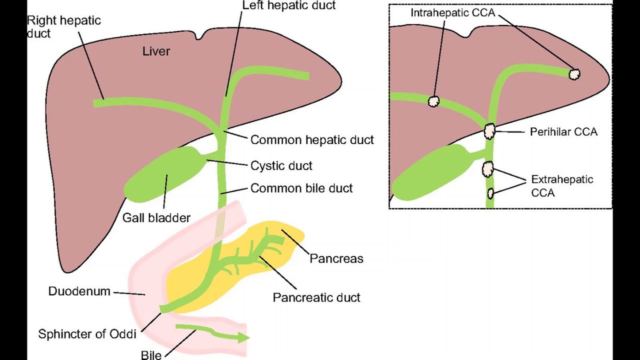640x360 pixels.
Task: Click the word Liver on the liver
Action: point(156,51)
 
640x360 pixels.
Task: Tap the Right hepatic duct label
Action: point(63,27)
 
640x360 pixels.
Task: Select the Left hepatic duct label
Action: point(289,5)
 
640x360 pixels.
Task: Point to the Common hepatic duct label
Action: point(312,140)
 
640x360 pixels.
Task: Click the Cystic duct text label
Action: point(281,165)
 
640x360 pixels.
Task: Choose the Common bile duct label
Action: point(301,188)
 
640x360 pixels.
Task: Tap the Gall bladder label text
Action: point(156,218)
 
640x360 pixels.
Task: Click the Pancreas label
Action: point(336,258)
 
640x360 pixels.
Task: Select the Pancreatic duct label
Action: point(316,297)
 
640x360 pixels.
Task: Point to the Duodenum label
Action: point(79,291)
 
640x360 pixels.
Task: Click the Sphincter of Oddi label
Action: point(87,334)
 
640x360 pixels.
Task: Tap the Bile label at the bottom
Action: point(151,355)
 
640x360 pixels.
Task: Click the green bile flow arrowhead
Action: point(243,337)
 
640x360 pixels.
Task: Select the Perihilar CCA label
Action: point(563,132)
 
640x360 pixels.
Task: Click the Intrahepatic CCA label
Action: point(453,13)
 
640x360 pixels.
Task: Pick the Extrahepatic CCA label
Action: point(562,186)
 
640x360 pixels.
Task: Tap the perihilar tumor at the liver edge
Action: point(489,131)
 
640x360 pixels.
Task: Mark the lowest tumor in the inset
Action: point(490,193)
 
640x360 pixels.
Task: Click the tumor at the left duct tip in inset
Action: point(574,74)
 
